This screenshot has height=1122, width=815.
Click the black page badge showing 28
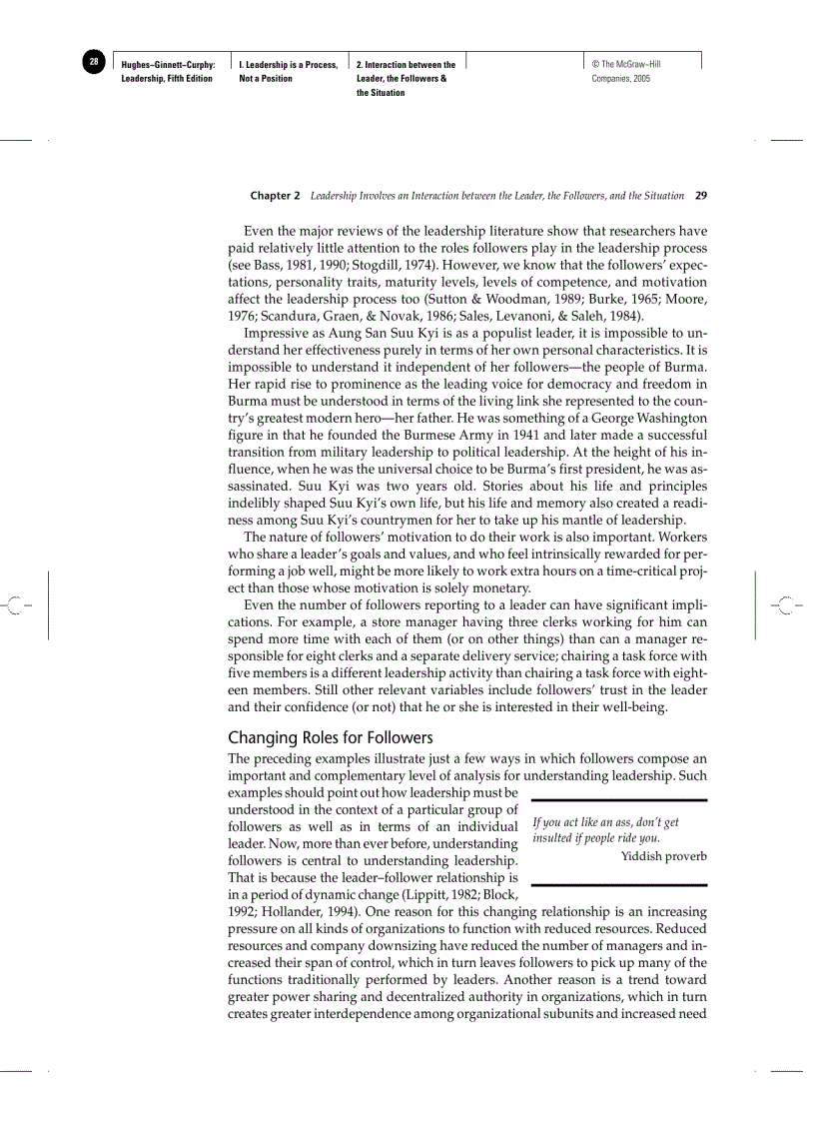93,62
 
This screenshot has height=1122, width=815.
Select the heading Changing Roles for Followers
330,737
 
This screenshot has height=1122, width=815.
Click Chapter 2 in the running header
275,196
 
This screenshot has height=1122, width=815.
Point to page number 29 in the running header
700,196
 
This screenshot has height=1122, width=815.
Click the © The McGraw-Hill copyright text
626,65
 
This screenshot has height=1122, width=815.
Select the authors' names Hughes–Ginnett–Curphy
168,65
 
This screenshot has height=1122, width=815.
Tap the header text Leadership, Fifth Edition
167,78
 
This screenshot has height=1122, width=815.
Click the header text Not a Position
266,78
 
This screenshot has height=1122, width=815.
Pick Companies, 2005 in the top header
620,78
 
